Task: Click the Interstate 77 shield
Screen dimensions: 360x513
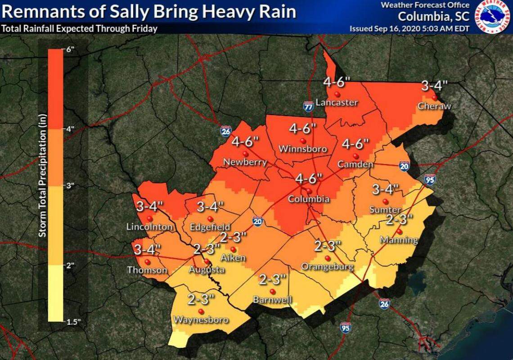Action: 308,106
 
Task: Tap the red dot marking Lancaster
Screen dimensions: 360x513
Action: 337,94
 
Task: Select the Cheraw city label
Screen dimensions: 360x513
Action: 434,106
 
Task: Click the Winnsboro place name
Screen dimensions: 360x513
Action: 303,148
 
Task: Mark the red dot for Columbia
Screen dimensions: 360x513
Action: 310,190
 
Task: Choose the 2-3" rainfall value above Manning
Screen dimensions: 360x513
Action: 399,220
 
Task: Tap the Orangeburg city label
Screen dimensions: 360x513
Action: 327,266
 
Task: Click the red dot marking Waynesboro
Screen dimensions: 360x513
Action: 201,311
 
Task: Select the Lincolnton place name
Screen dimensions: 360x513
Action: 149,227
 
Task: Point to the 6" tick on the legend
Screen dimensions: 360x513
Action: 68,49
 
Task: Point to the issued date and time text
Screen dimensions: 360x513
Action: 410,29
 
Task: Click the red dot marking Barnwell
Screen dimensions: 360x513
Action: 272,291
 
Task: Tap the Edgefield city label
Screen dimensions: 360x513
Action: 210,227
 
